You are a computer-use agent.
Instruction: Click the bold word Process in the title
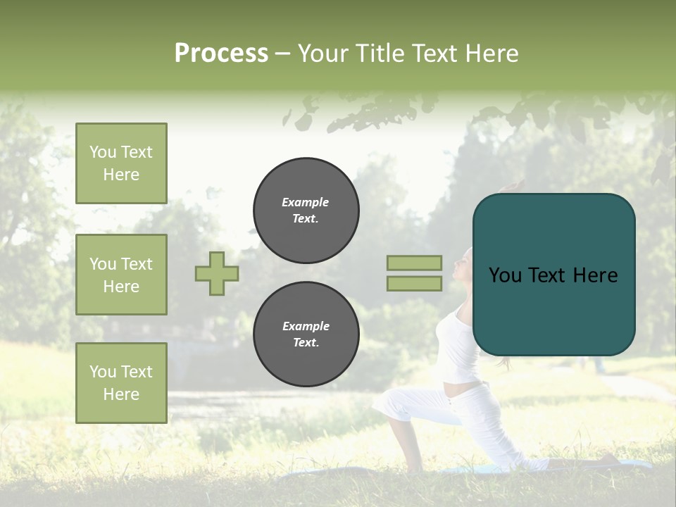221,53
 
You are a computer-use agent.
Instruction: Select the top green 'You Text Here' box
121,163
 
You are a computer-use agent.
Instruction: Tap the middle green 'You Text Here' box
121,275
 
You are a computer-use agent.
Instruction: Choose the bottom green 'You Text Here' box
121,383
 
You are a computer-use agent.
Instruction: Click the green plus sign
217,273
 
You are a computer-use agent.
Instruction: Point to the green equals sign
414,273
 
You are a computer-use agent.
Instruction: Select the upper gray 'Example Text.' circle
306,211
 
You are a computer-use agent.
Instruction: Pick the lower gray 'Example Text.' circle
306,334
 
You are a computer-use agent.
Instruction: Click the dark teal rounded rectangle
553,275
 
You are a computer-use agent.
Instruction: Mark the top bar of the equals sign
414,263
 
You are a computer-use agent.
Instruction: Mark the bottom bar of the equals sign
414,283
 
